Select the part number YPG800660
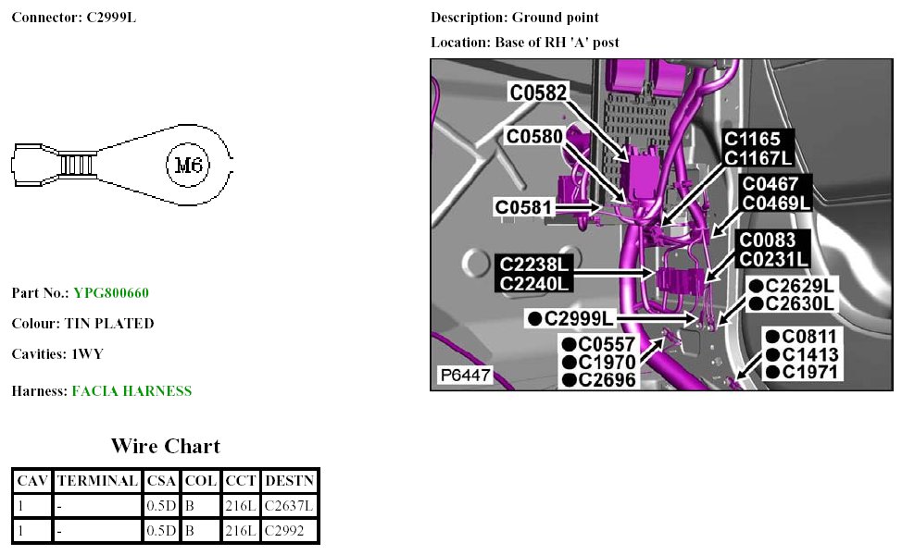[111, 293]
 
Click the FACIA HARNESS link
[132, 391]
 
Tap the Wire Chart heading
[166, 447]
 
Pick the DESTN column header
[289, 481]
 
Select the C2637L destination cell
[289, 506]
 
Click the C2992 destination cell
[284, 531]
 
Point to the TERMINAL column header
[97, 481]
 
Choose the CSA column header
[161, 481]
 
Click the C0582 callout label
[538, 92]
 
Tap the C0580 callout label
[534, 136]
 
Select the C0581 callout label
[524, 207]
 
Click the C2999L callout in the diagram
[578, 319]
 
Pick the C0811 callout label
[809, 337]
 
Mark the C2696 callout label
[607, 379]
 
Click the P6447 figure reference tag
[465, 376]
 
